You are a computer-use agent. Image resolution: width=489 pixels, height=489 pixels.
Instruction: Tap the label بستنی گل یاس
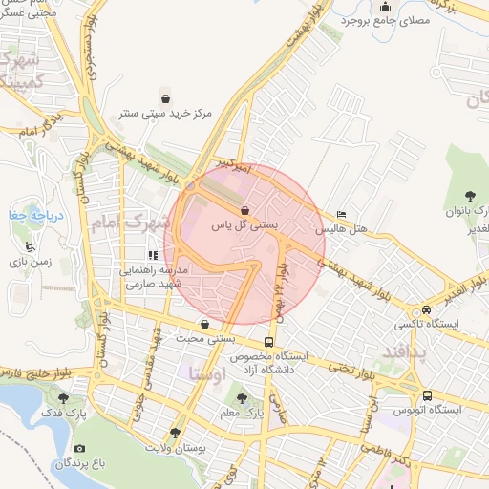(244, 226)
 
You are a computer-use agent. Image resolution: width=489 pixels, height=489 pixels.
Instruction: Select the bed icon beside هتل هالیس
(342, 214)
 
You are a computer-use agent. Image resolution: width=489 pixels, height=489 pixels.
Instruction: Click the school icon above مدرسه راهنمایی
(153, 255)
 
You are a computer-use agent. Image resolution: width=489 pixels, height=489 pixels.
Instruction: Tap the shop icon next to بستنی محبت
(205, 324)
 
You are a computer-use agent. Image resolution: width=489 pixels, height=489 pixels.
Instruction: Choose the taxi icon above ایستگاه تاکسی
(425, 309)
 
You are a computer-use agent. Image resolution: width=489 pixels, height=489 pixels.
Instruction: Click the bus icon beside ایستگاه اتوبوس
(427, 395)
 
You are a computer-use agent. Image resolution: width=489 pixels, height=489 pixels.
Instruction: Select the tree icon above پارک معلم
(242, 398)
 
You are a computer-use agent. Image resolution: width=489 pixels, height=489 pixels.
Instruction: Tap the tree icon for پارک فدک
(64, 398)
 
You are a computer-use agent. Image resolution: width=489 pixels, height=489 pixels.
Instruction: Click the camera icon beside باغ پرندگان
(79, 448)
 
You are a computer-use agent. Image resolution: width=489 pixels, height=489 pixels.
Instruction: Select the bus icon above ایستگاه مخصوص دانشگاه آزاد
(270, 340)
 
